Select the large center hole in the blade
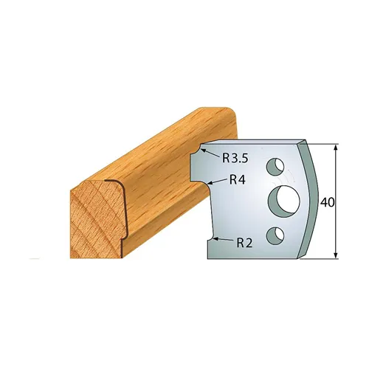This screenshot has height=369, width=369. click(283, 198)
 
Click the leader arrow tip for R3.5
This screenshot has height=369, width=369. click(204, 152)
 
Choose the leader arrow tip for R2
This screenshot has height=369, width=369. click(212, 238)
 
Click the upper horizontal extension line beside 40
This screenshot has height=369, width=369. click(325, 143)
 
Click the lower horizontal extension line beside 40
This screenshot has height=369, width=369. click(325, 258)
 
